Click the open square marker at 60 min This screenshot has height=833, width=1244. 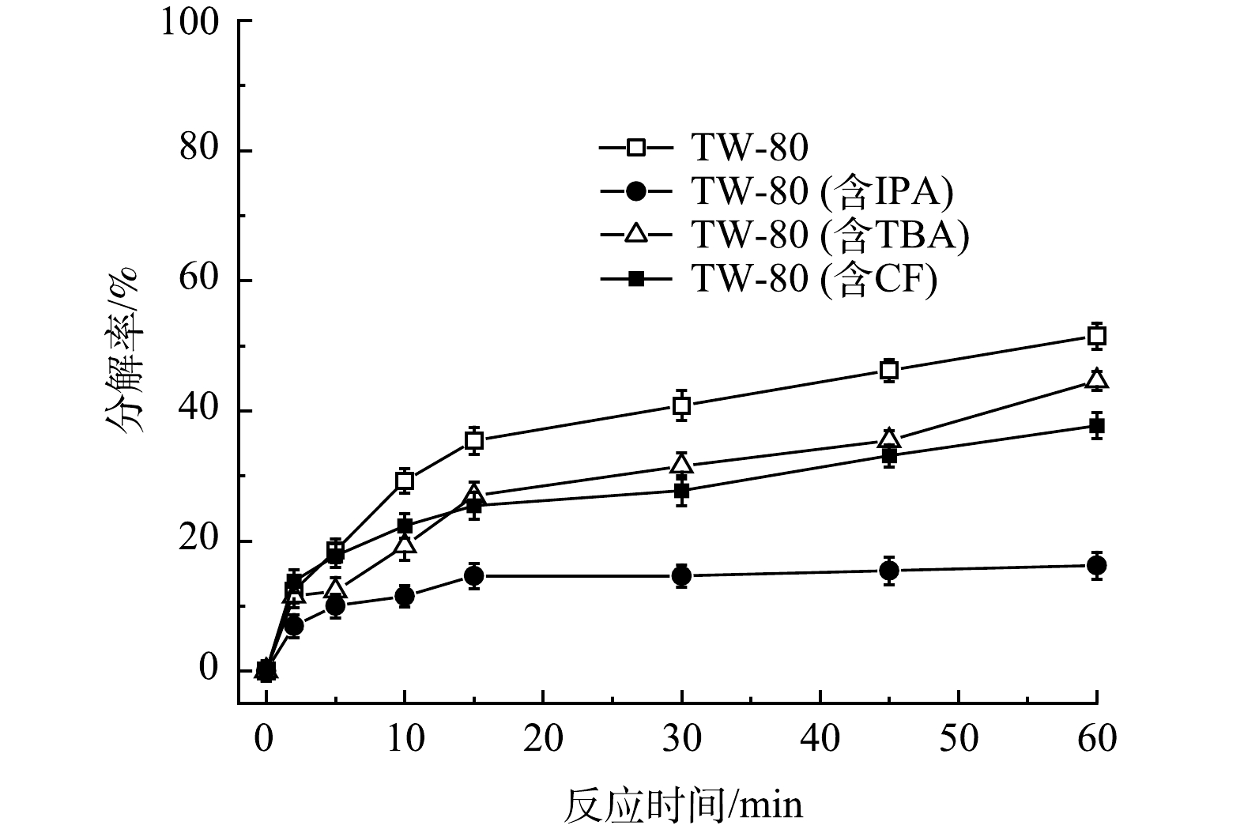[x=1096, y=336]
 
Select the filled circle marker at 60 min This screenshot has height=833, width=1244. [x=1096, y=565]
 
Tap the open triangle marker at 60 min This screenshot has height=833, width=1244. [x=1096, y=380]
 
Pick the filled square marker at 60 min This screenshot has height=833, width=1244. [x=1096, y=426]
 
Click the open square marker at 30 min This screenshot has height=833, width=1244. [x=681, y=406]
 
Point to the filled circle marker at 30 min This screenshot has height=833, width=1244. [x=681, y=575]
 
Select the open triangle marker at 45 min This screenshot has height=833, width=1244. [x=889, y=438]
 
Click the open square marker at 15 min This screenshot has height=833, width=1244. [x=474, y=440]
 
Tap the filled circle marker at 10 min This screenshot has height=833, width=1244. [x=405, y=595]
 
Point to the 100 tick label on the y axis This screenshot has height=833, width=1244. [x=190, y=21]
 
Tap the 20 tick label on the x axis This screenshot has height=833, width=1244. [x=543, y=739]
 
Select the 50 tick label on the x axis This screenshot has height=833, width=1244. [x=958, y=739]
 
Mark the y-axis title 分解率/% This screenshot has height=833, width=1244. [x=122, y=348]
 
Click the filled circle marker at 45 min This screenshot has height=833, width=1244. [x=889, y=570]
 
